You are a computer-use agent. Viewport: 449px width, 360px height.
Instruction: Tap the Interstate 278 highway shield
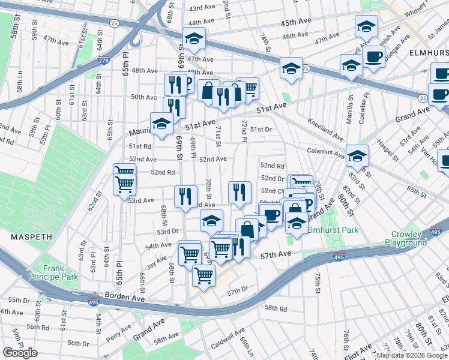click(x=104, y=61)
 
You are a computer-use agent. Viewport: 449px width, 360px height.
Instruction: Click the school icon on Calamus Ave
click(x=357, y=155)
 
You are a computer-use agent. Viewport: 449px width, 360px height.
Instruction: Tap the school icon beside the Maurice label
click(x=161, y=124)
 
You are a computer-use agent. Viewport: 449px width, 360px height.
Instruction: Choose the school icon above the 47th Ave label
click(x=194, y=38)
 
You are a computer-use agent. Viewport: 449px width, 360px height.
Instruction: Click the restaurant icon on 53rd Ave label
click(x=185, y=195)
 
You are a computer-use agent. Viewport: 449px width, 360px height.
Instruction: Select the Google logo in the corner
click(x=20, y=353)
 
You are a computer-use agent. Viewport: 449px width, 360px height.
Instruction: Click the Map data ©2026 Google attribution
click(x=412, y=355)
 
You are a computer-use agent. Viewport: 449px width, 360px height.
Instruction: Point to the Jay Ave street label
click(x=157, y=261)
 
